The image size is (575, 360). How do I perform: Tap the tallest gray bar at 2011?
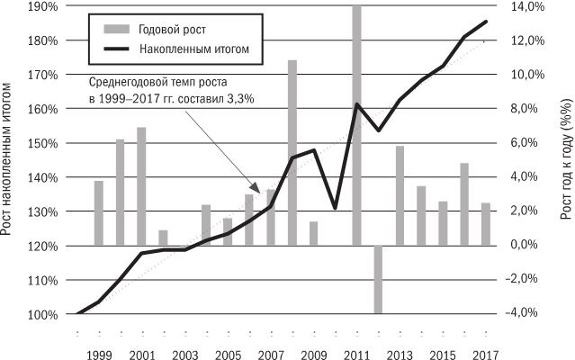coord(357,125)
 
